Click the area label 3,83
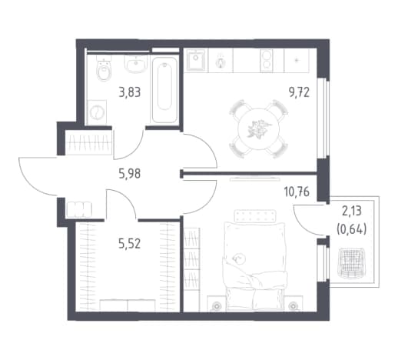130,92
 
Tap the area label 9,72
299,92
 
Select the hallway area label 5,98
130,175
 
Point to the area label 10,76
297,192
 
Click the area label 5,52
130,244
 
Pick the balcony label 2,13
352,212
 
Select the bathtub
164,89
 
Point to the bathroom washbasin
136,64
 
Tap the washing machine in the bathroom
97,112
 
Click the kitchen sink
197,60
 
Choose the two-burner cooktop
267,61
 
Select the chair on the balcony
350,262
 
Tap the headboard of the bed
255,215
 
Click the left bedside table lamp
217,305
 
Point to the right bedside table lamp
292,305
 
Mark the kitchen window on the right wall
323,118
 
